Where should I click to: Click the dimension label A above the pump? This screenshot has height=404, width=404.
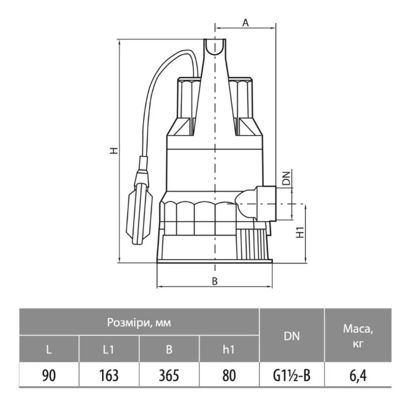[246, 23]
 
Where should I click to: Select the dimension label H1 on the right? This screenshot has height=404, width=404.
[300, 232]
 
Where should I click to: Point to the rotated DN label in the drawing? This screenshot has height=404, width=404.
[286, 178]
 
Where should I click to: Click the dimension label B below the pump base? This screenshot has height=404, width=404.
[215, 281]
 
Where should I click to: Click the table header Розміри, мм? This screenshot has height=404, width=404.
[139, 322]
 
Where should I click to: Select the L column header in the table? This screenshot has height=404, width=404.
[49, 349]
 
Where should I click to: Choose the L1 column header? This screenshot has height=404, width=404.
[108, 349]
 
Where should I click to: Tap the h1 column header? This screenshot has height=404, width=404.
[229, 349]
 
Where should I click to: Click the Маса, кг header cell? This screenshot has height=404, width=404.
[358, 336]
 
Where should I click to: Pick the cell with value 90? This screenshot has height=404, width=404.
[49, 375]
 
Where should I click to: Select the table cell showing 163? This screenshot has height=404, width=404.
[109, 375]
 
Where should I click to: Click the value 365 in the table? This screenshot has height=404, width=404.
[169, 375]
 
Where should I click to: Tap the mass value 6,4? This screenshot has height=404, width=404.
[358, 376]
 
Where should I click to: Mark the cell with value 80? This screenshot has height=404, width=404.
[229, 375]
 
